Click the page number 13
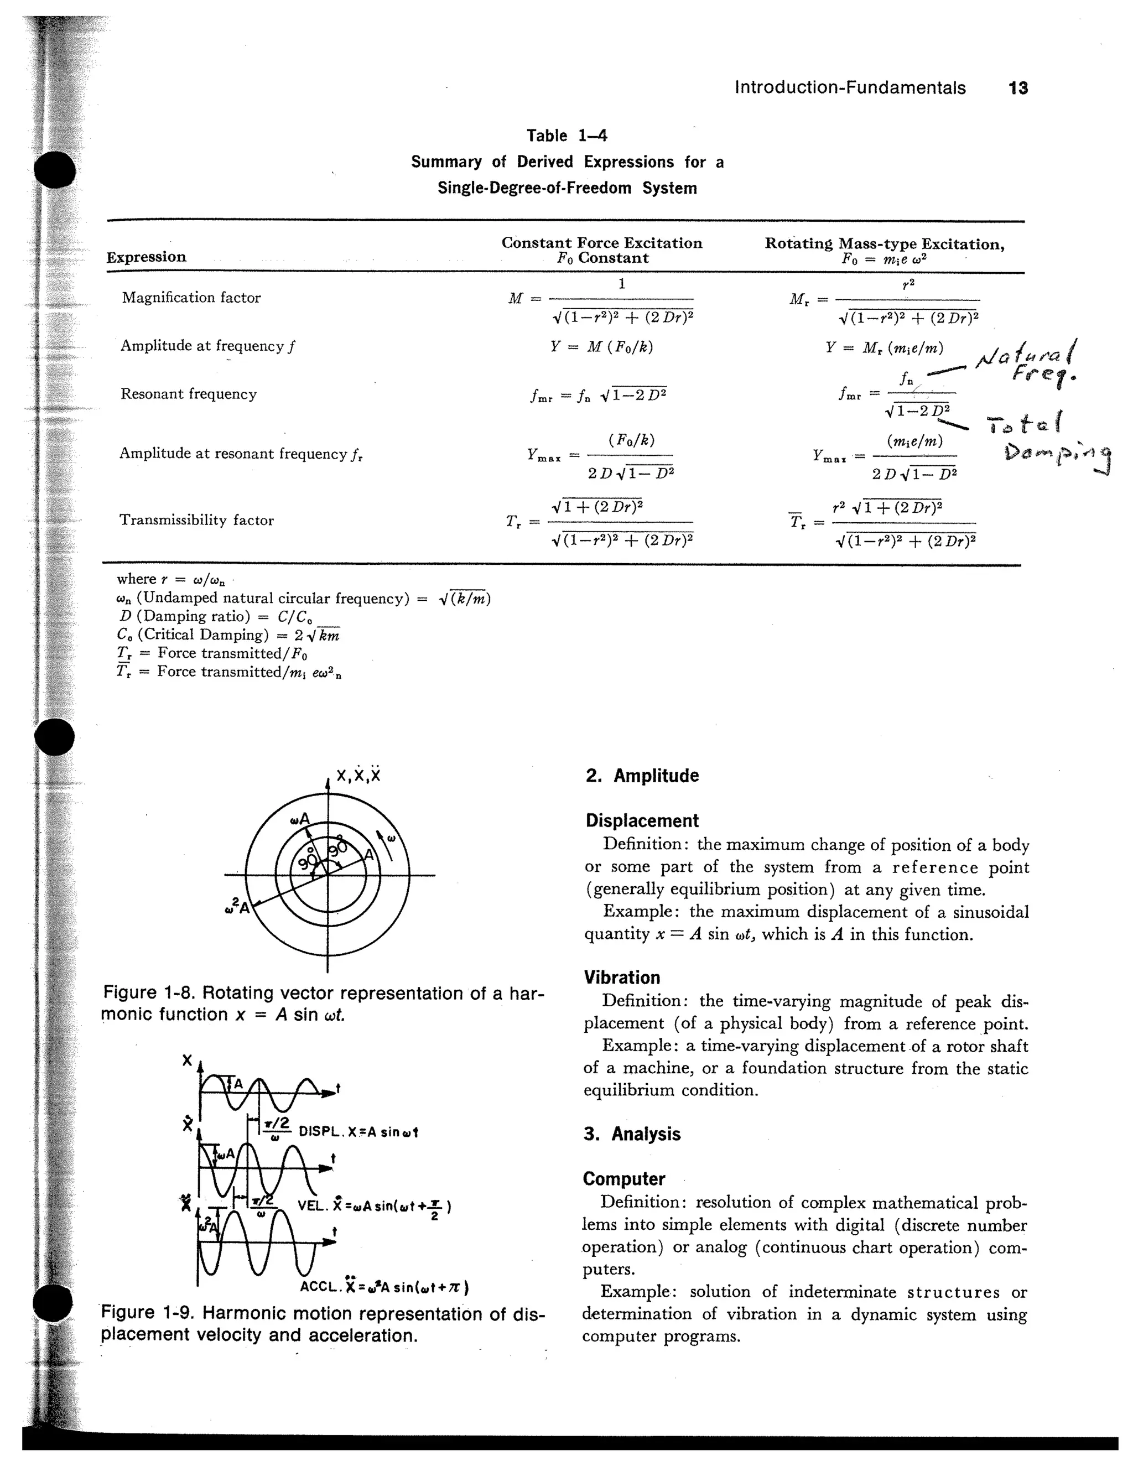(x=1017, y=88)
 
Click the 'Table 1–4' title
(x=566, y=136)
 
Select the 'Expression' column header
(x=146, y=257)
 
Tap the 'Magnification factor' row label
(x=191, y=298)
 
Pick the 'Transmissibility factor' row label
(x=196, y=520)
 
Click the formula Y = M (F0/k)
(x=601, y=346)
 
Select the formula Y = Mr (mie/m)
(x=885, y=348)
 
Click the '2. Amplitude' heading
(x=642, y=776)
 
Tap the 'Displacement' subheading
(x=642, y=820)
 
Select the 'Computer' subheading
(x=623, y=1179)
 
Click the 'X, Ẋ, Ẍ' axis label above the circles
(x=358, y=775)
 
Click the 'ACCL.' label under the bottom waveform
(x=320, y=1287)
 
